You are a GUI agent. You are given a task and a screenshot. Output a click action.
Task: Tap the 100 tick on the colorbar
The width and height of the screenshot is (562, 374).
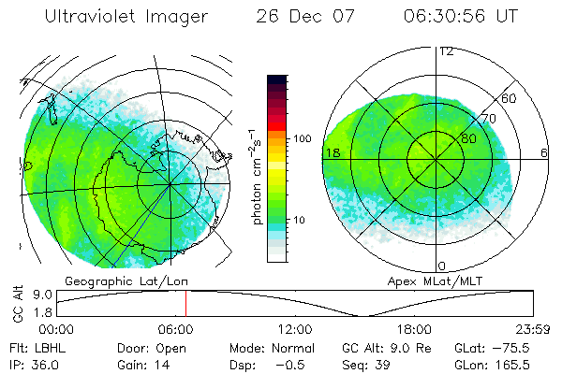coord(303,138)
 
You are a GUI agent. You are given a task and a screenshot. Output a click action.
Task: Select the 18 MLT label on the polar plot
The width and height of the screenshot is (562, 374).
coord(331,152)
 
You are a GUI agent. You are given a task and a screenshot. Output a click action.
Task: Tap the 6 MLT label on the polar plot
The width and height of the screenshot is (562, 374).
coord(544,152)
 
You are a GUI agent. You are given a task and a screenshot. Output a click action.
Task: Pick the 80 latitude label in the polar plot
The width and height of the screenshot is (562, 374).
coord(468,138)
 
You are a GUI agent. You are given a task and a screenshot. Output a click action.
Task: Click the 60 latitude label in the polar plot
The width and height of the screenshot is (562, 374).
coord(509,98)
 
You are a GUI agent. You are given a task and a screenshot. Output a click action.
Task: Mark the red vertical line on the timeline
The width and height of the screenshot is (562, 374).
coord(185,304)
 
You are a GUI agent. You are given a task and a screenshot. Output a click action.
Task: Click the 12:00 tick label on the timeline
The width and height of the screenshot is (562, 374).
coord(295,329)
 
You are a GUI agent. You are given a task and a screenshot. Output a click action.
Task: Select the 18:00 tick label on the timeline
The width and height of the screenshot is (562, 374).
coord(414,329)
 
